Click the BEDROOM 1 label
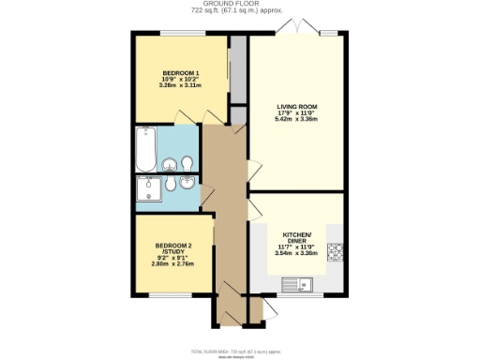tap(178, 72)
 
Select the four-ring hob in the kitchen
tap(336, 251)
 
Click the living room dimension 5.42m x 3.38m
tap(298, 120)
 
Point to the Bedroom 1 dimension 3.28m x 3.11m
tap(178, 86)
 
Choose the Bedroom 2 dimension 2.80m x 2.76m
tap(172, 264)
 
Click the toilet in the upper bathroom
tap(189, 163)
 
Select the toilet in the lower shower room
tap(173, 186)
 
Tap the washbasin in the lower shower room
tap(192, 185)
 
